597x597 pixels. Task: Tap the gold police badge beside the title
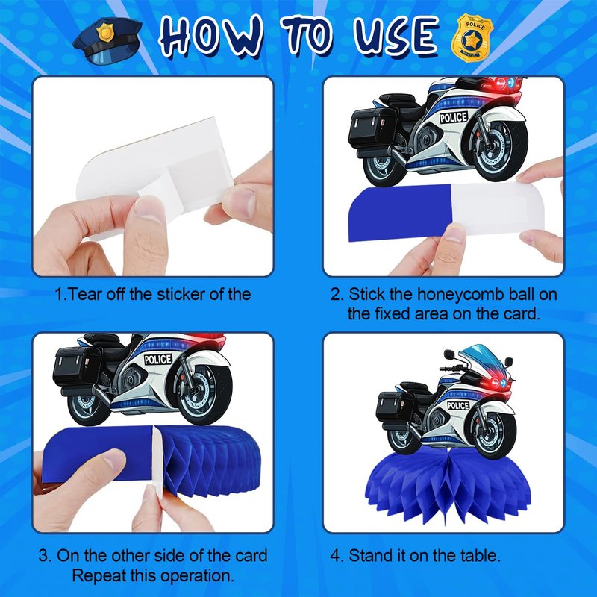(x=472, y=37)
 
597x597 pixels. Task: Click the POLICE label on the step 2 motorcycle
(x=454, y=118)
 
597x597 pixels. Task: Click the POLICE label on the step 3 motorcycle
(x=158, y=359)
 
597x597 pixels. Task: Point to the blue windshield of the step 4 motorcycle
(x=481, y=357)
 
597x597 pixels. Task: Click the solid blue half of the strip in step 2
(x=400, y=213)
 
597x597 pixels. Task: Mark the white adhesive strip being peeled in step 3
(x=157, y=461)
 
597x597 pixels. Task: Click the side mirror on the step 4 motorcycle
(x=450, y=354)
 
